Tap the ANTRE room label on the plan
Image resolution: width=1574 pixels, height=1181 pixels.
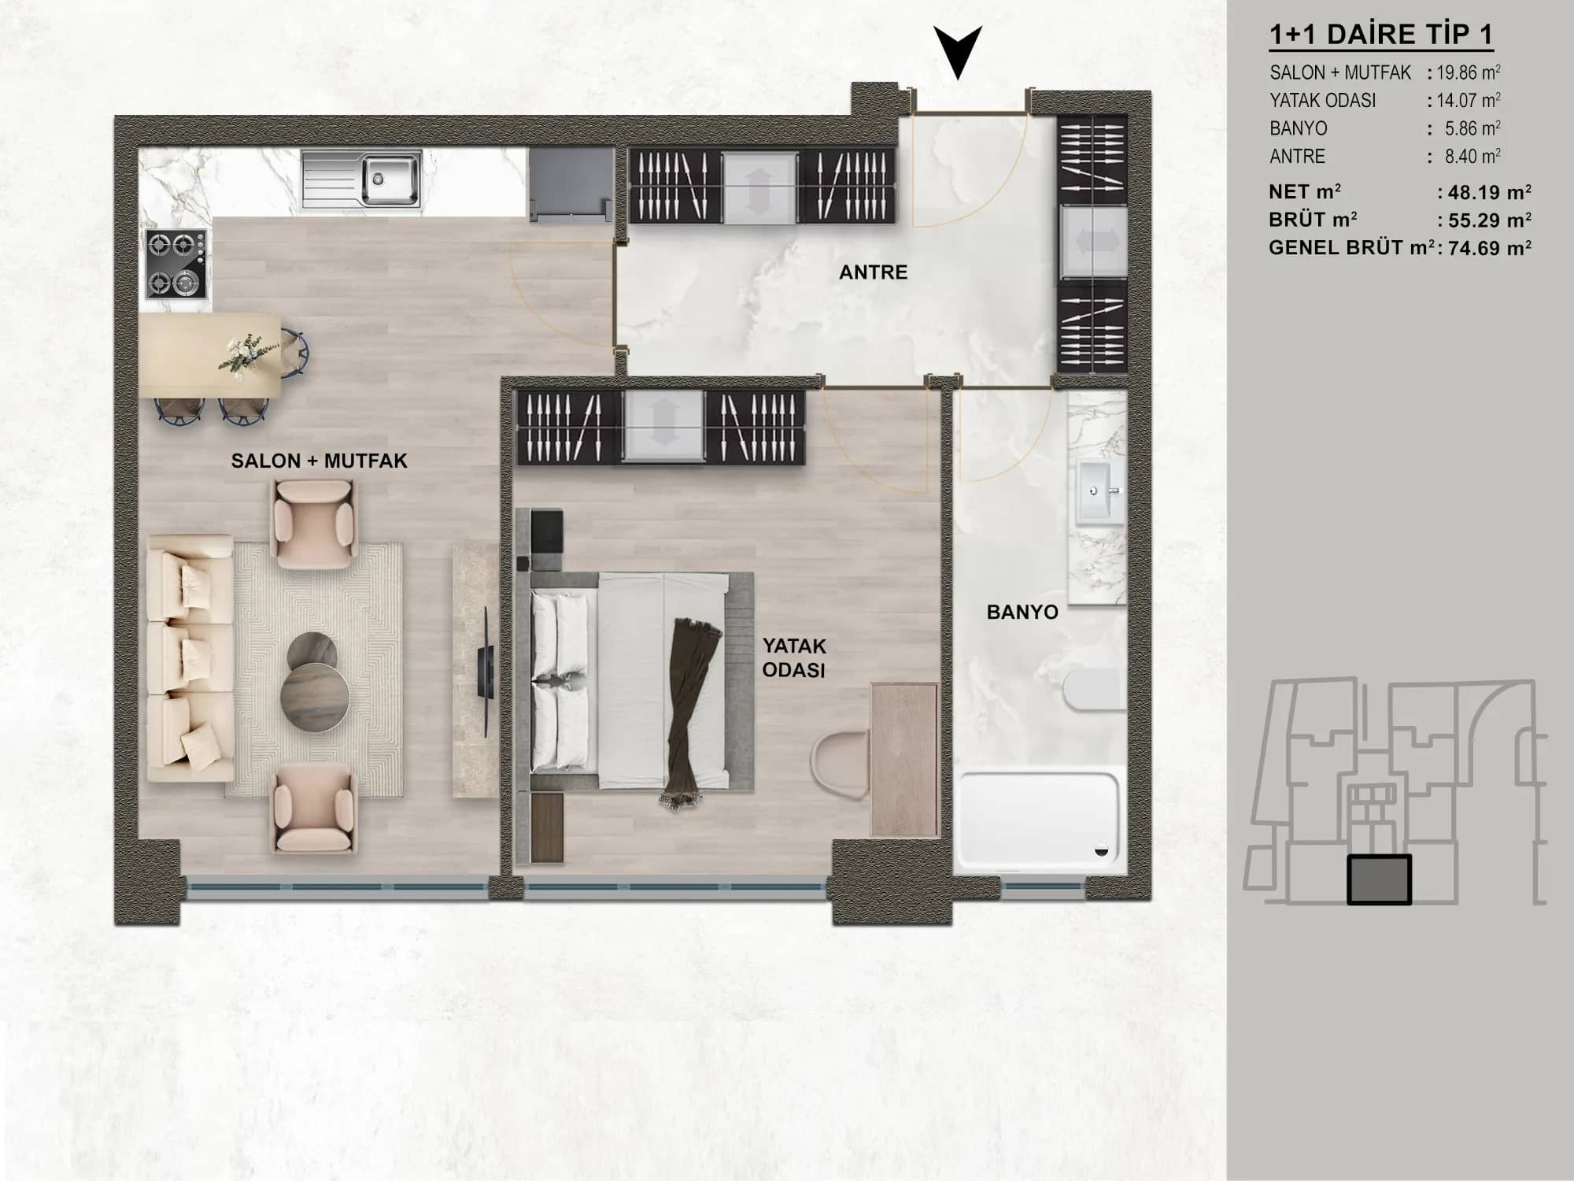point(873,272)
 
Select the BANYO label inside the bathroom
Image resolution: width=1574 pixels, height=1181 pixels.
point(1022,612)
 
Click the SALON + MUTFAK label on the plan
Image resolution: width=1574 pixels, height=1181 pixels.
point(319,461)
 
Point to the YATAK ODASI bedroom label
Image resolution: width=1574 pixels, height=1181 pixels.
point(794,657)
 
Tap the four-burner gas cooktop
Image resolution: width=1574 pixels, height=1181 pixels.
point(176,265)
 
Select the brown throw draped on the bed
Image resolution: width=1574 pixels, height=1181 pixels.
point(685,713)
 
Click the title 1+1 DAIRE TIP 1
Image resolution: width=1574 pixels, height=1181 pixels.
point(1381,35)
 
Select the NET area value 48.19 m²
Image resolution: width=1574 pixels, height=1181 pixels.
point(1484,192)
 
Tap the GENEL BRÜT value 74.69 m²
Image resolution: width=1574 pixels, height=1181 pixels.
point(1485,249)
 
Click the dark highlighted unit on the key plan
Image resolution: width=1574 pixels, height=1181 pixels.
point(1379,879)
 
